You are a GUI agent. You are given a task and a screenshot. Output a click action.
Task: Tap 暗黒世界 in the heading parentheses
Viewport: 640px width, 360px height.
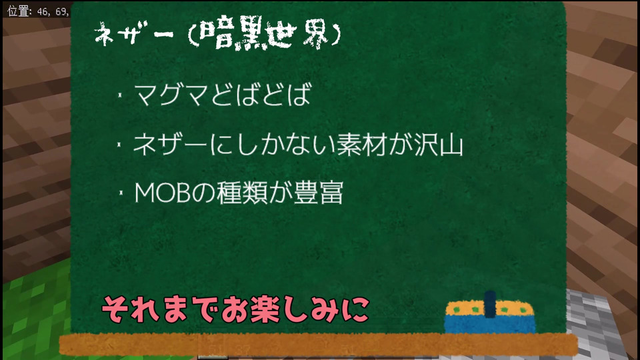pos(265,33)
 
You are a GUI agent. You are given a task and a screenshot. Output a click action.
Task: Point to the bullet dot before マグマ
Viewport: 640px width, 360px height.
pos(120,95)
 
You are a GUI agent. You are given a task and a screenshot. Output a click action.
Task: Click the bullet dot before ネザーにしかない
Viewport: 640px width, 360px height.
pos(119,145)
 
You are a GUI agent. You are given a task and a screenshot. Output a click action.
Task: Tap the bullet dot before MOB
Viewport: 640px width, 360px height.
pos(121,193)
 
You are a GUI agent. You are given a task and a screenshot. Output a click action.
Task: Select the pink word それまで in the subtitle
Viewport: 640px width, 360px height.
pos(159,309)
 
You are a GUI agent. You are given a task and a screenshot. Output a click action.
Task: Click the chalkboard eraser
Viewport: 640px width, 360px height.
pos(490,313)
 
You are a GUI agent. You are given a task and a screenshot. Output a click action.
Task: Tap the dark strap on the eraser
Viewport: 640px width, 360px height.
pos(490,305)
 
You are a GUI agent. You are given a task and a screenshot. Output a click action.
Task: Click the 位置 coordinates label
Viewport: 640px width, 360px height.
pos(39,11)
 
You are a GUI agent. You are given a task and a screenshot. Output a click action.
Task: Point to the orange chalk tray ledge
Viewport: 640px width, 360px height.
pos(319,344)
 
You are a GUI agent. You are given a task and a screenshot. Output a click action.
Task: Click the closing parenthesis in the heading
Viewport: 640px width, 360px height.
pos(335,34)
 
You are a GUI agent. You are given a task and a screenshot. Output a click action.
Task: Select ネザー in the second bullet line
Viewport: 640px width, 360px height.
pos(170,145)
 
